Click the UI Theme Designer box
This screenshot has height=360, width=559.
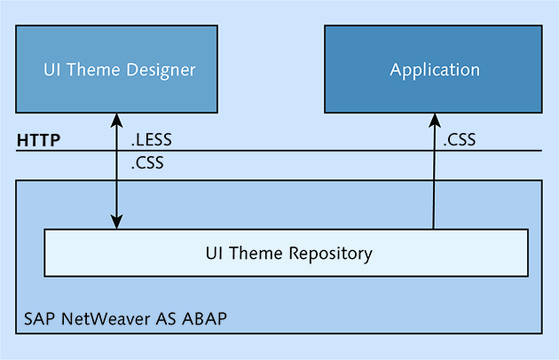point(116,69)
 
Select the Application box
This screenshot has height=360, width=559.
point(433,69)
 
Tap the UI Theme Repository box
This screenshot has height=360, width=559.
point(286,253)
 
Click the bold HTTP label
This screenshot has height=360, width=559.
point(38,140)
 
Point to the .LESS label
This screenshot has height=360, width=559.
point(152,139)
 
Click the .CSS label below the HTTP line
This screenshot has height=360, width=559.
point(147,162)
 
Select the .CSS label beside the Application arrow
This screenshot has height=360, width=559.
point(460,139)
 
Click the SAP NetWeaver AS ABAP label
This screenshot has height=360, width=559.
point(125,318)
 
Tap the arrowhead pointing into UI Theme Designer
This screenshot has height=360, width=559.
point(116,121)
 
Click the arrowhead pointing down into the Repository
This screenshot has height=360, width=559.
point(116,222)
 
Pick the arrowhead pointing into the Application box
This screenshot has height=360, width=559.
point(435,121)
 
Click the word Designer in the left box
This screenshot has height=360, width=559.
point(161,70)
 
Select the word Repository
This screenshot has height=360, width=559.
point(330,254)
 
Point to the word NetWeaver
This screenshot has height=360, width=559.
point(106,318)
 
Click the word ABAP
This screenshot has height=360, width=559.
point(204,318)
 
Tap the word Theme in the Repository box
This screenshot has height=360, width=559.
point(256,253)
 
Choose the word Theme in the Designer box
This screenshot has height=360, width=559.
point(93,69)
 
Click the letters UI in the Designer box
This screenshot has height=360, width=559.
point(51,69)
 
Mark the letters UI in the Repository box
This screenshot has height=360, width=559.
point(214,253)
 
